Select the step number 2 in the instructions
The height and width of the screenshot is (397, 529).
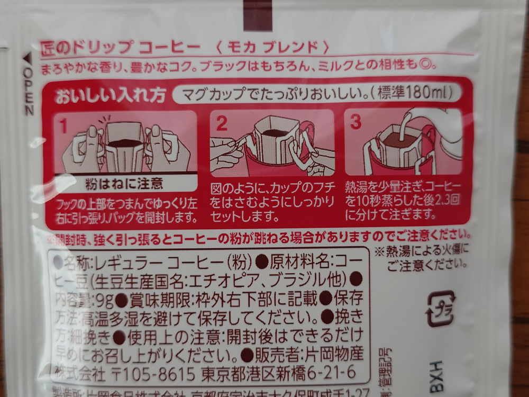pos(222,123)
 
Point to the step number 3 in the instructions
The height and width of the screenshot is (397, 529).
pos(356,122)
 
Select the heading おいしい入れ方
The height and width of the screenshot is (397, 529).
pos(111,97)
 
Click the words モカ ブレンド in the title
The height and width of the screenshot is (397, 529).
pos(273,47)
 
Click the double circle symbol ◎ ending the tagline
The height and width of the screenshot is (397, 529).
pos(430,66)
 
